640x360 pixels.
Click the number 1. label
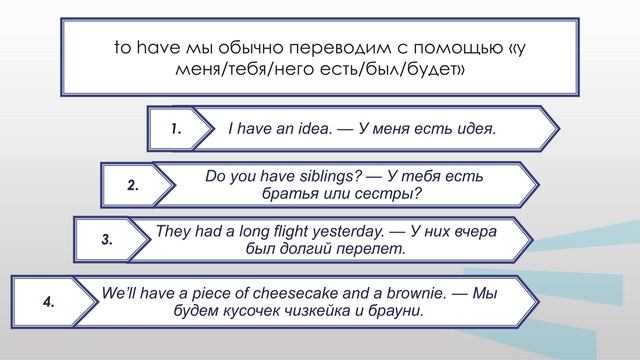pos(175,129)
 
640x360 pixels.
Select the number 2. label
pos(133,186)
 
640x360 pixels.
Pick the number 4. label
pos(47,301)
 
